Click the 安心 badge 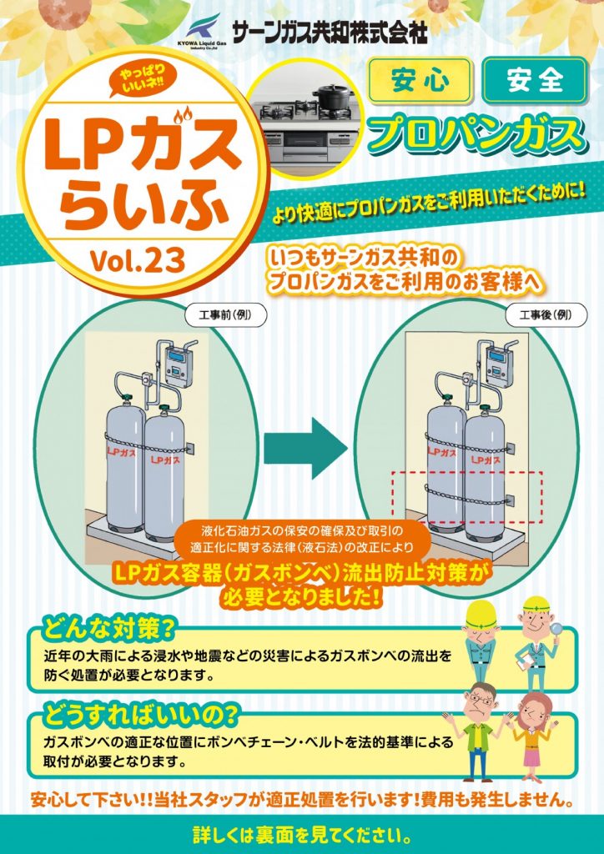419,80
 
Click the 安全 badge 534,80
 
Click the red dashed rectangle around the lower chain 467,498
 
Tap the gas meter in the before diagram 179,364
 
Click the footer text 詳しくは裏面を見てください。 302,834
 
